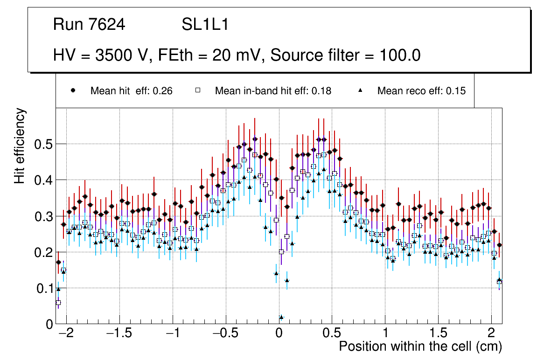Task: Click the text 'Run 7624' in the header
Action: [x=89, y=25]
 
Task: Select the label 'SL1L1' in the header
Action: [x=205, y=25]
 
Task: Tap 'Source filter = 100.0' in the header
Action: [x=346, y=55]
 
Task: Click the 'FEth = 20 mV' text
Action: [x=212, y=55]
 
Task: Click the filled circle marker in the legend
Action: [x=73, y=90]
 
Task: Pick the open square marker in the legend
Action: [x=197, y=90]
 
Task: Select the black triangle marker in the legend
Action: [x=360, y=90]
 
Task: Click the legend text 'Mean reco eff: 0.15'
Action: [x=421, y=91]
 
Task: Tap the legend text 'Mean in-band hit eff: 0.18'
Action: [x=273, y=91]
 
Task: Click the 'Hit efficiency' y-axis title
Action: [x=20, y=146]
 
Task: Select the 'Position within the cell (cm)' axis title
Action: [x=420, y=346]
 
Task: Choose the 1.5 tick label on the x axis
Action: [x=438, y=334]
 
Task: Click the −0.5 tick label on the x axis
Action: [x=225, y=334]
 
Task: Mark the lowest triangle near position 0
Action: [x=281, y=317]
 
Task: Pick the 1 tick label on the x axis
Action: [x=385, y=334]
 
